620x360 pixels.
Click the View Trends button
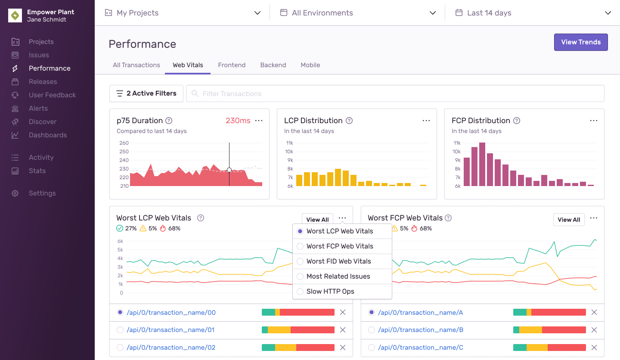point(580,42)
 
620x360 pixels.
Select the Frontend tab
point(232,65)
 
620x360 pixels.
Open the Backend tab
point(273,65)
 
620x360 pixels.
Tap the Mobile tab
point(310,65)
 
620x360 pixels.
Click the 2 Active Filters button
point(146,93)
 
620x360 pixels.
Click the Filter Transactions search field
point(395,93)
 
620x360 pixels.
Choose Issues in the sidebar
point(39,55)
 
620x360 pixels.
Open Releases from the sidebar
point(43,82)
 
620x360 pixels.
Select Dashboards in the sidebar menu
point(47,135)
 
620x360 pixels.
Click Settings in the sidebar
point(42,193)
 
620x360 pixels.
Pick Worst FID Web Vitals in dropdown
point(338,261)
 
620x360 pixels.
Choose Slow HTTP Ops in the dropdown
point(330,292)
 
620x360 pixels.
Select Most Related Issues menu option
point(338,276)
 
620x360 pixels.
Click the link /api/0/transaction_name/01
point(170,330)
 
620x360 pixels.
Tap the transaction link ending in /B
point(421,330)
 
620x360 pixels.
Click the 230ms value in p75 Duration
point(238,121)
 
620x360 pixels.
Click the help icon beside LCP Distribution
point(349,121)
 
